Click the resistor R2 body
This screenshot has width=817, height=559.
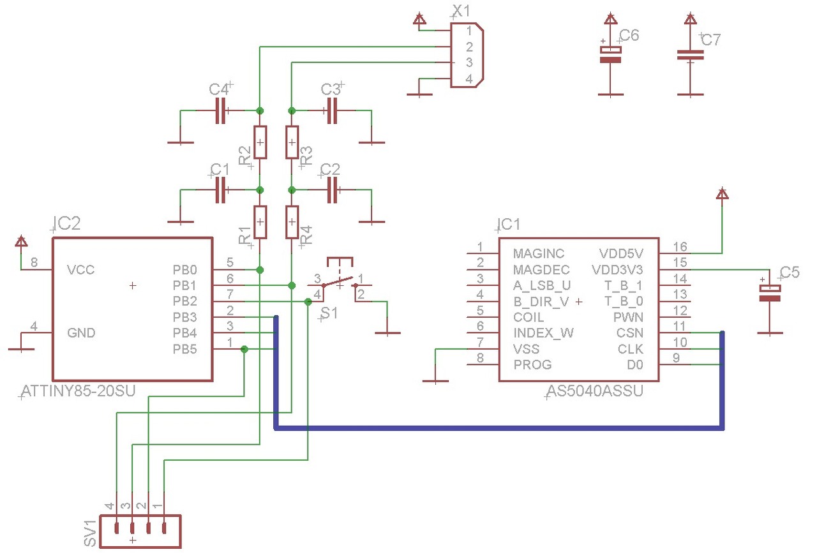click(260, 142)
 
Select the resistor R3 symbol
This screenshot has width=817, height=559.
click(292, 142)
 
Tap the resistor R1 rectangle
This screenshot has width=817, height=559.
click(260, 222)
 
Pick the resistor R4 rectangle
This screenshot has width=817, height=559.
click(292, 222)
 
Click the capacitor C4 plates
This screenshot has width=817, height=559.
click(221, 110)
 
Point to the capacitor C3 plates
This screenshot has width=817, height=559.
click(332, 110)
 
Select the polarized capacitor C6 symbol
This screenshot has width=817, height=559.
click(611, 55)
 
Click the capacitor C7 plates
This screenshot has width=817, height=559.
click(690, 55)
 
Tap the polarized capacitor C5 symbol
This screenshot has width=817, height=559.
click(770, 294)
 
